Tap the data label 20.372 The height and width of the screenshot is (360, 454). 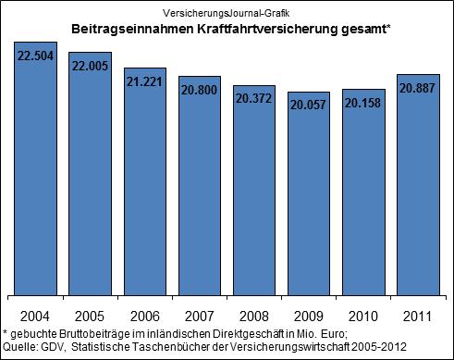click(x=255, y=96)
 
